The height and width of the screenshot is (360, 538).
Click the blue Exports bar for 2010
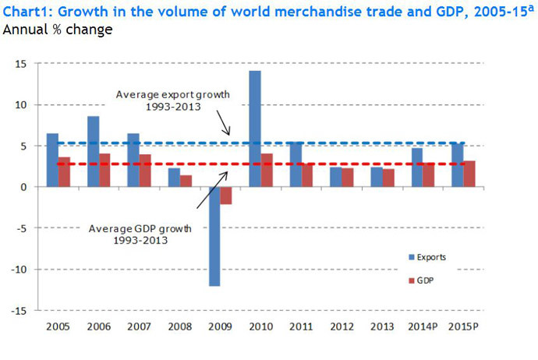[255, 129]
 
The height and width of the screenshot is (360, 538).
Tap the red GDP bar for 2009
[226, 196]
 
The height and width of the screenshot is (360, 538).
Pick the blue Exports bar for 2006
[93, 151]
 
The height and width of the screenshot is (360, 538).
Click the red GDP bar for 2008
[186, 181]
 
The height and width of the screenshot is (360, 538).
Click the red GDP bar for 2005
[64, 171]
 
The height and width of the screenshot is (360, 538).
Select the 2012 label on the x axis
[342, 326]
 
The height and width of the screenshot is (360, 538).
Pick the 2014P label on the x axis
[423, 326]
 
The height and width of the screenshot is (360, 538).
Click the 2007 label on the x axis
[139, 326]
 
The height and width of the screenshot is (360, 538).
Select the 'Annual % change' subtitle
[58, 30]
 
